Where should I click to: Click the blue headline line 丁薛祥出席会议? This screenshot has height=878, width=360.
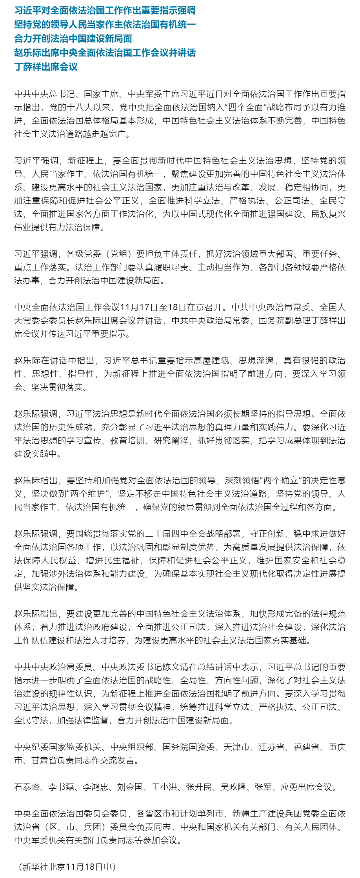[x=46, y=67]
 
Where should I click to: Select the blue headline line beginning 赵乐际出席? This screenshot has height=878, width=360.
[x=105, y=53]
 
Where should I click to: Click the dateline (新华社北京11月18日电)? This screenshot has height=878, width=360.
[x=67, y=867]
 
